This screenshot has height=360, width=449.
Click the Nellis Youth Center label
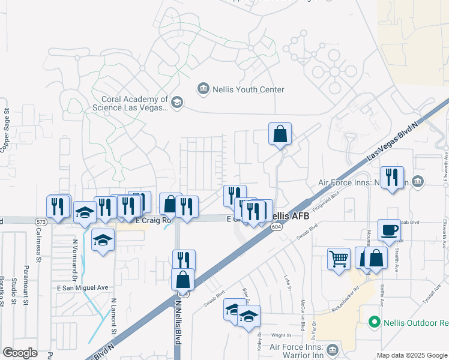pos(247,89)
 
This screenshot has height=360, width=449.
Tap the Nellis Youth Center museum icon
pos(203,89)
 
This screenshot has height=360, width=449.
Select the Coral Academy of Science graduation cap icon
pos(176,103)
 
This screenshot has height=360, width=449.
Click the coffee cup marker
pos(388,230)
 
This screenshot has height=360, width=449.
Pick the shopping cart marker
pos(339,259)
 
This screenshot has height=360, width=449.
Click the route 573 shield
pos(41,221)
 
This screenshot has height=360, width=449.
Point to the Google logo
pos(20,352)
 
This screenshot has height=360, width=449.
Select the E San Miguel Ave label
pos(82,288)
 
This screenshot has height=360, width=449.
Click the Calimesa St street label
pos(38,248)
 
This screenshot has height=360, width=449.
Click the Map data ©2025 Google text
pos(412,355)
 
